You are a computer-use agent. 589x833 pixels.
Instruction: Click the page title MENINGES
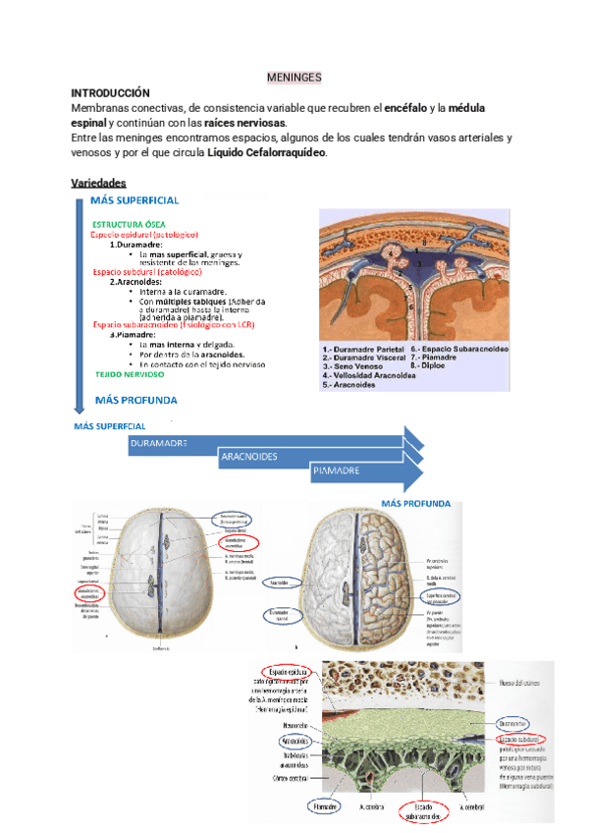(x=294, y=77)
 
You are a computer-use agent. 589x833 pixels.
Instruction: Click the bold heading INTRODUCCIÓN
(x=111, y=91)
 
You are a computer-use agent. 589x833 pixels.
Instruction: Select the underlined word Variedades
(x=105, y=183)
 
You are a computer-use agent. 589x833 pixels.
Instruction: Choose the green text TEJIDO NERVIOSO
(x=130, y=374)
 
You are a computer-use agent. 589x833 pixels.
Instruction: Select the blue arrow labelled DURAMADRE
(x=162, y=445)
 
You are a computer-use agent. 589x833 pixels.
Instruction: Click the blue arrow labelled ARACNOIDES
(x=249, y=458)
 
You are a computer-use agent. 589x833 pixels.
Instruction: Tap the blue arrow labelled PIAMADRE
(x=336, y=472)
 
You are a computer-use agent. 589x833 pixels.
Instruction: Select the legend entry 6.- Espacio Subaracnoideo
(x=459, y=348)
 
